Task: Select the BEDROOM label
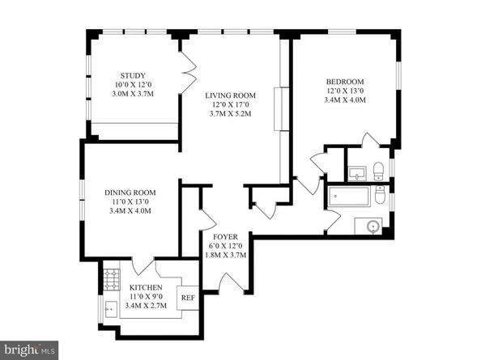(x=345, y=81)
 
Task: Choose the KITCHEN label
(x=146, y=287)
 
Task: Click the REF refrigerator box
(x=187, y=297)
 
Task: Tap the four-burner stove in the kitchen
(x=110, y=280)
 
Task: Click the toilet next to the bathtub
(x=380, y=195)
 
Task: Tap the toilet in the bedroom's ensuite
(x=378, y=170)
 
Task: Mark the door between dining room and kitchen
(x=143, y=265)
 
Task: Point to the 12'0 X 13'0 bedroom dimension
(x=345, y=91)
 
